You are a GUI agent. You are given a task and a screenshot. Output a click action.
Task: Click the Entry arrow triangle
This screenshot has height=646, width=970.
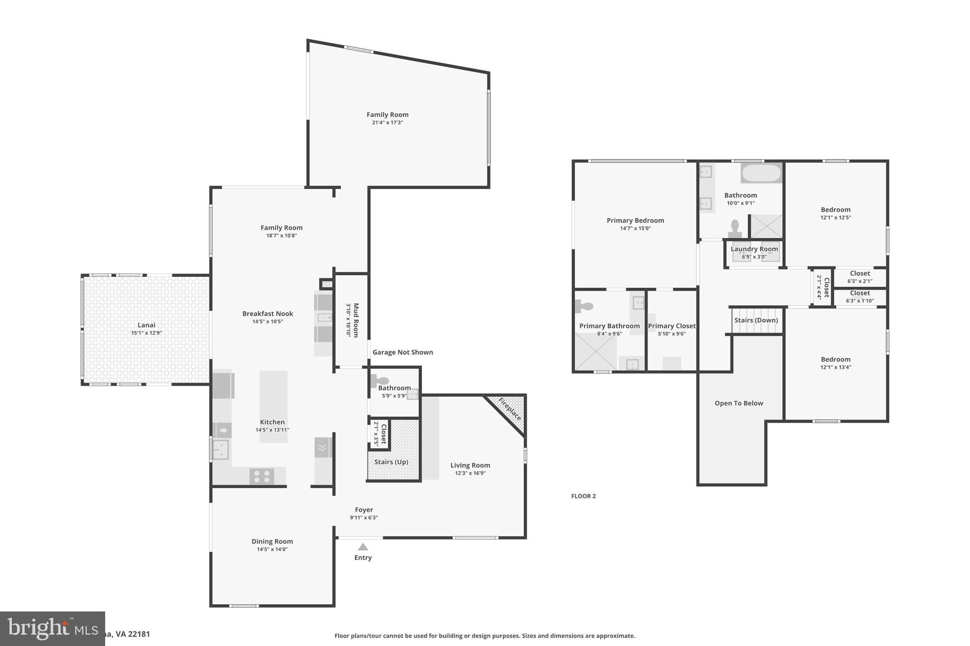coord(363,547)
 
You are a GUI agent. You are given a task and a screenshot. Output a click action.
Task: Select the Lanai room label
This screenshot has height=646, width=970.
coord(146,325)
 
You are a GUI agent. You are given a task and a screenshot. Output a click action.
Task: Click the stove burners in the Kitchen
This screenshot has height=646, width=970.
coord(261,476)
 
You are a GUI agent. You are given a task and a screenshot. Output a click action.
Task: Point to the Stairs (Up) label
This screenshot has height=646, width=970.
coord(391,462)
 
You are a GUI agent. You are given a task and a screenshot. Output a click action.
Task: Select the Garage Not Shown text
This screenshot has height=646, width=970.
coord(403,352)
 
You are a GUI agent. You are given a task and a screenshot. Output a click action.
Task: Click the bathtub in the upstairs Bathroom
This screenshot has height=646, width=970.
coord(761,173)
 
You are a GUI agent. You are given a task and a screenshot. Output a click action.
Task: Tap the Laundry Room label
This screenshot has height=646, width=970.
coord(754,249)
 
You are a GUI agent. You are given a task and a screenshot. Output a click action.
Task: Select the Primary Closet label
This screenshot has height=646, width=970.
coord(672,326)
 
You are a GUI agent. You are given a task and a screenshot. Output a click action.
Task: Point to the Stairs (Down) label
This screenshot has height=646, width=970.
coord(756,320)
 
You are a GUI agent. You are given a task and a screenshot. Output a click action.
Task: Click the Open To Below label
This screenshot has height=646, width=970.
coord(738,403)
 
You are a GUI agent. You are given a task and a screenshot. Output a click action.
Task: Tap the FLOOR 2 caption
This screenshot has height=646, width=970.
coord(583,496)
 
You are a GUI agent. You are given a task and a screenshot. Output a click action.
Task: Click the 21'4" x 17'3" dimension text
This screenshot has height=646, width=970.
coord(387,123)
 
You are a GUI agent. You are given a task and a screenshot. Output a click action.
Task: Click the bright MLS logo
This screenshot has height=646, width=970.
coord(52,628)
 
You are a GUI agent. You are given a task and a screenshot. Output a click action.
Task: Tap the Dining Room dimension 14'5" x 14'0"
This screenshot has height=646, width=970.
coord(272,549)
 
